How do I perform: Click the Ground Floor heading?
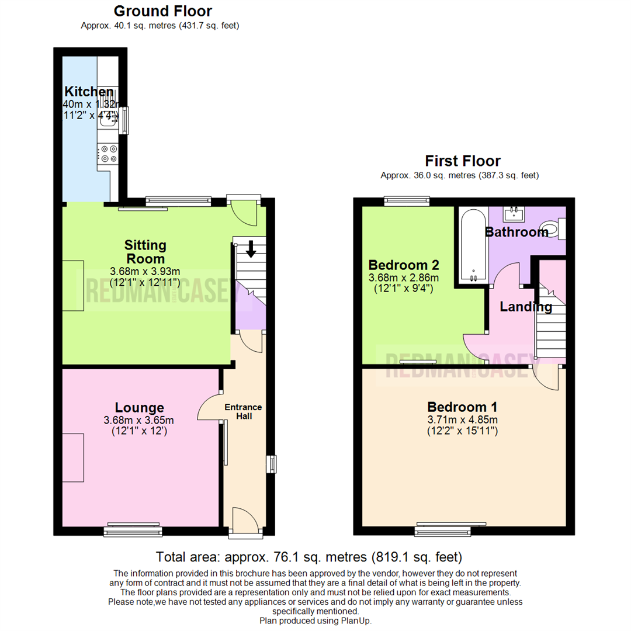162,11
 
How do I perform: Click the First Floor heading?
463,161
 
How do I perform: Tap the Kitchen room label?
89,92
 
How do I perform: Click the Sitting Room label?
144,251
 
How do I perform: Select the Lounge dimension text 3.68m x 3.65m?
138,420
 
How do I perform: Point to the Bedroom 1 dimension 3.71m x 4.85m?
462,419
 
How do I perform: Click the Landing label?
518,306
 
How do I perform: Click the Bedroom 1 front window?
442,531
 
